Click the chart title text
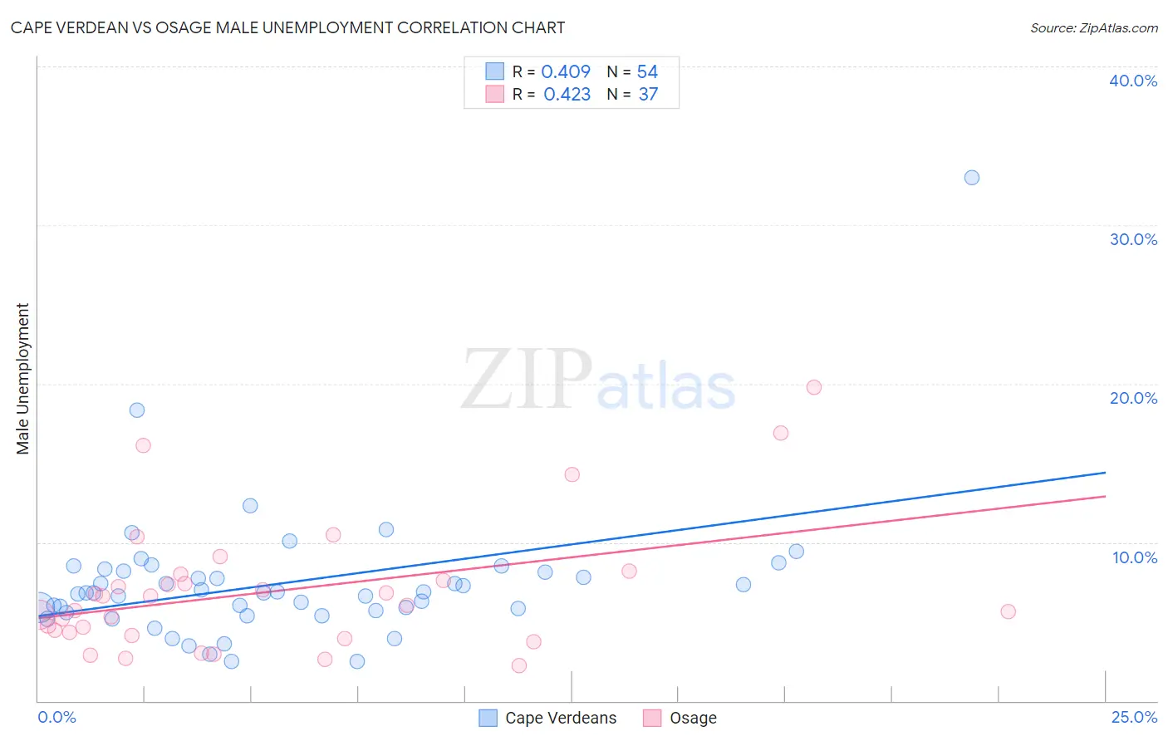point(287,27)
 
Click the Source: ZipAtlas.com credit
point(1093,27)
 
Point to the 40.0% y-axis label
point(1132,81)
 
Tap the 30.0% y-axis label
point(1132,239)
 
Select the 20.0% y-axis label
point(1132,398)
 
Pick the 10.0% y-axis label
point(1134,557)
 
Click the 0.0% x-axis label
point(56,717)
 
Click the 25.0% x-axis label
point(1133,717)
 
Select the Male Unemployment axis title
point(22,379)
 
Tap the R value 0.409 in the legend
point(566,72)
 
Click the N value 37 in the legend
point(648,95)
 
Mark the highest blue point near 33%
point(971,178)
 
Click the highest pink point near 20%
point(813,388)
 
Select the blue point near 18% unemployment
point(137,410)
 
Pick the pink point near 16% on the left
point(143,445)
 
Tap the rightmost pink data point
point(1008,611)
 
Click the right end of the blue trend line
point(1105,473)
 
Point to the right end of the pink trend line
point(1105,497)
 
